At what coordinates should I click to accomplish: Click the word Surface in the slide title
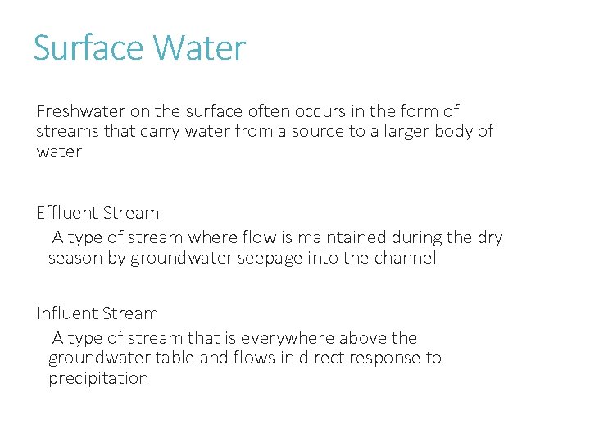click(x=88, y=48)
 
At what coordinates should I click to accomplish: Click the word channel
click(x=406, y=259)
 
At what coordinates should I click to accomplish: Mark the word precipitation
click(x=98, y=379)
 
